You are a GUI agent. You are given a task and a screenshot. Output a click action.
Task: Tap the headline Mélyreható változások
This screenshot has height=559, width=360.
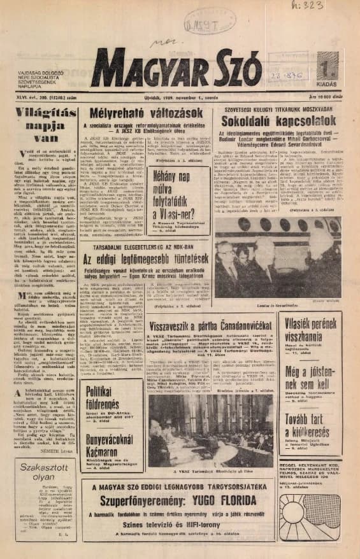click(x=143, y=115)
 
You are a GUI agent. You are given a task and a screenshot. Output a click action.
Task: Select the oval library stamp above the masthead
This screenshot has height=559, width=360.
click(x=202, y=24)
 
